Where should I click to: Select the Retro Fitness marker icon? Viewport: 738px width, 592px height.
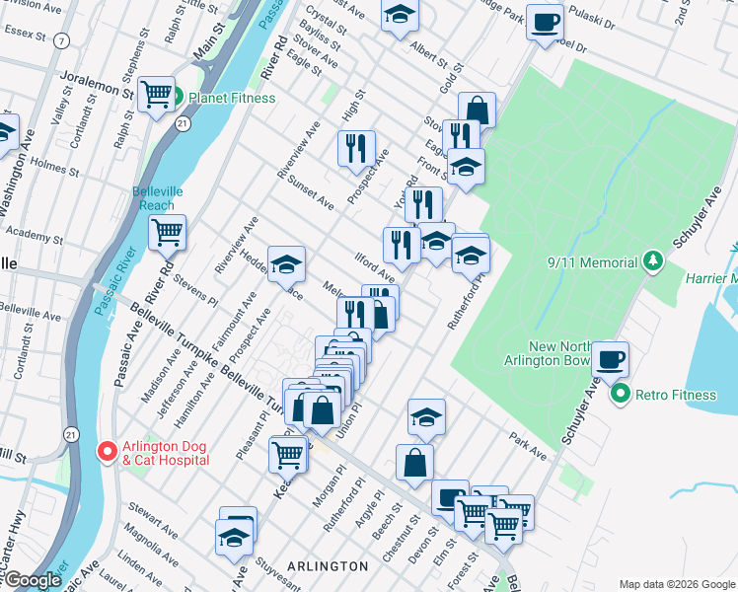point(621,395)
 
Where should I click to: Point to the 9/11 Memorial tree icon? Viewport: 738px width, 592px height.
point(651,262)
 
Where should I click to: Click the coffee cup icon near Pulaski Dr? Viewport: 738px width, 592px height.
point(545,21)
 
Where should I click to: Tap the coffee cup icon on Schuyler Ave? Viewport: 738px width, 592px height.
point(611,357)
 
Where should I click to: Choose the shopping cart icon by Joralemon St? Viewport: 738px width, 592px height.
point(157,95)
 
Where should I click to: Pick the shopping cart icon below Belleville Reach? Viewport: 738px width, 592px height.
point(168,232)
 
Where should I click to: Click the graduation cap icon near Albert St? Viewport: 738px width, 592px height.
point(400,15)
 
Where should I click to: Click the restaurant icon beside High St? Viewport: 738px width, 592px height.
point(356,147)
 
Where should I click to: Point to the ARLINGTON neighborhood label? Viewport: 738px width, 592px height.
point(328,566)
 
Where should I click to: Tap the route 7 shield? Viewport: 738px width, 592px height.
point(63,40)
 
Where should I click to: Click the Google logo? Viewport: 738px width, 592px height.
point(33,580)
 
